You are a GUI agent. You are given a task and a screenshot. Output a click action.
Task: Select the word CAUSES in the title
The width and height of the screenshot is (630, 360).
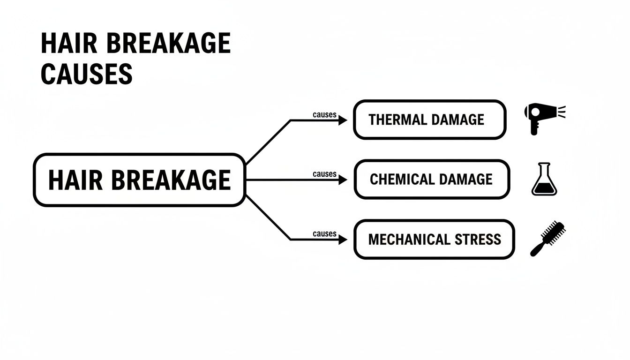point(87,75)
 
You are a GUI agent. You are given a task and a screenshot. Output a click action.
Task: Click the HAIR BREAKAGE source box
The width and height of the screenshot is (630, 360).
point(139,180)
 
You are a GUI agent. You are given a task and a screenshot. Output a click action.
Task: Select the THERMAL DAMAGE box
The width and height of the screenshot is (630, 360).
point(429,120)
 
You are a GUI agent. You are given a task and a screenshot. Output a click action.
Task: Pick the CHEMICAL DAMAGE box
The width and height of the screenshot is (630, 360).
point(431,180)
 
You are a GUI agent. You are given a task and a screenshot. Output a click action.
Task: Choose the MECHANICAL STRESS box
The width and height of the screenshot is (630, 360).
point(434,240)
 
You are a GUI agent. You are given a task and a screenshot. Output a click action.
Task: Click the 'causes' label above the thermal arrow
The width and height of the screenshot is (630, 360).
point(324,114)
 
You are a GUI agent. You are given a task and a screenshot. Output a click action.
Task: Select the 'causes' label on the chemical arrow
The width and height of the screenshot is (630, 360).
point(324,174)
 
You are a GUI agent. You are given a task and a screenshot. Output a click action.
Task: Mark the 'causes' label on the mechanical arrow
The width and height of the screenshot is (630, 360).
point(324,233)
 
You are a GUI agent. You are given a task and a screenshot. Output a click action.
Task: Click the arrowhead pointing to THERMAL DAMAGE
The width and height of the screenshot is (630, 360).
point(343,120)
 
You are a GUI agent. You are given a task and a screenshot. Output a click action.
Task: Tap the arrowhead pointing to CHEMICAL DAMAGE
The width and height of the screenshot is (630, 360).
point(343,180)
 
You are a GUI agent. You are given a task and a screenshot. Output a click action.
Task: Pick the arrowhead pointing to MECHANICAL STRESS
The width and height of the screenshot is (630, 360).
point(343,240)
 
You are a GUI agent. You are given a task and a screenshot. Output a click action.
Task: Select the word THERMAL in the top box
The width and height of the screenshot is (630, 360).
point(397,120)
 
